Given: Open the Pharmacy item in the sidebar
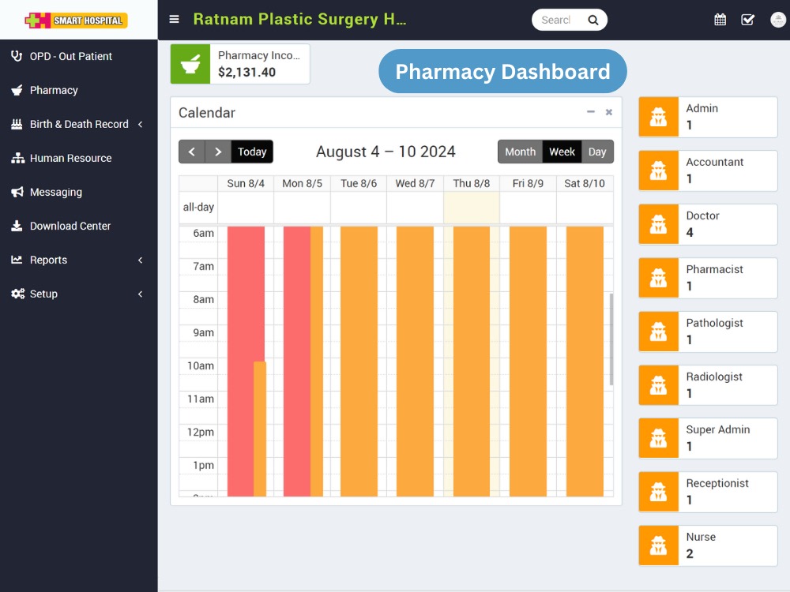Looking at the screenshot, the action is point(54,90).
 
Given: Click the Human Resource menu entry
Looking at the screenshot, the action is point(70,158).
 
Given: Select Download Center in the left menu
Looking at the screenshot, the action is point(70,226).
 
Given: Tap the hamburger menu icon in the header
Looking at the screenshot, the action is point(175,19).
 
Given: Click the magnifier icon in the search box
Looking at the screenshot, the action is point(593,21).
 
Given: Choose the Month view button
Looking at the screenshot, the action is point(520,152).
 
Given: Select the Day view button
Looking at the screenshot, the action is point(597,152).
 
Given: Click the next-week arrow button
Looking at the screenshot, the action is point(218,152).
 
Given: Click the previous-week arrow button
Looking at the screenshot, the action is point(192,152).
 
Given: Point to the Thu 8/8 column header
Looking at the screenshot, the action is point(471,183).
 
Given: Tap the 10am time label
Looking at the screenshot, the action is point(201,366).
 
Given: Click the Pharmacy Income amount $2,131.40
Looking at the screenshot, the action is point(246,73).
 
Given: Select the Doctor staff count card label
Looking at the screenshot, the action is point(702,215).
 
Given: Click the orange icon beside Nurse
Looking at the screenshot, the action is point(659,545).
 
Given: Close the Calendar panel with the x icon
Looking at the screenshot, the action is point(608,112).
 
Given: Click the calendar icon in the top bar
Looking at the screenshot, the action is point(720,20).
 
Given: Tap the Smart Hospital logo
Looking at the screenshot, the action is point(76,21).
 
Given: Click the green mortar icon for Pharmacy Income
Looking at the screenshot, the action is point(190,64).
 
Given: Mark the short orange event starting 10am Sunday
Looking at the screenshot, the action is point(259,429).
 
